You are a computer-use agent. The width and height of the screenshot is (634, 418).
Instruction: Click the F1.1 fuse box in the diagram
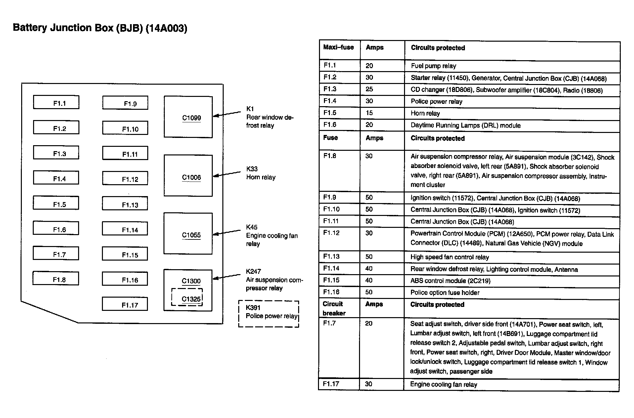(56, 103)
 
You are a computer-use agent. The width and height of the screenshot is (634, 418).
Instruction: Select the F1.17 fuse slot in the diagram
(125, 304)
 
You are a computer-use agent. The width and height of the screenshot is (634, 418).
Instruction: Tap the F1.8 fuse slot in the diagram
(56, 278)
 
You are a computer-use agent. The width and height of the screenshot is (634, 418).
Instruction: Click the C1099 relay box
(188, 117)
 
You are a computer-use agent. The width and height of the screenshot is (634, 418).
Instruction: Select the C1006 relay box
(188, 176)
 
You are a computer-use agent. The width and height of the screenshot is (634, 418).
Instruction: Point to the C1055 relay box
(188, 233)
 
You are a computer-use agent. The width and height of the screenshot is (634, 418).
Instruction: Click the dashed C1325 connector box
(187, 297)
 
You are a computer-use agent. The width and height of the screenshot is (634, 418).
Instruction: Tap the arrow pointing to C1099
(227, 114)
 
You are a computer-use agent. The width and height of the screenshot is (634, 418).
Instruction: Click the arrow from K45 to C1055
(227, 232)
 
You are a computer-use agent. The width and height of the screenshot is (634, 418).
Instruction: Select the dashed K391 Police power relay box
(269, 313)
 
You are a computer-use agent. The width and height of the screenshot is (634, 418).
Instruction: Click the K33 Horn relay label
(261, 173)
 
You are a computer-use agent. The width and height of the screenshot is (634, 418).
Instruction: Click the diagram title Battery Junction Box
(100, 28)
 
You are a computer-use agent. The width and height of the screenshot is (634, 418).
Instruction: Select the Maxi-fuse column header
(339, 48)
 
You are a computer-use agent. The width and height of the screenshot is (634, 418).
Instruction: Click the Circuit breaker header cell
(334, 309)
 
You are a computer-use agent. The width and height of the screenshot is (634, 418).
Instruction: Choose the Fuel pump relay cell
(433, 66)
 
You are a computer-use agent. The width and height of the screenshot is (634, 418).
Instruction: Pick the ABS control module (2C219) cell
(450, 281)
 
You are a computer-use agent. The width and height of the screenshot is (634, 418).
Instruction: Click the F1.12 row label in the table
(332, 233)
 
